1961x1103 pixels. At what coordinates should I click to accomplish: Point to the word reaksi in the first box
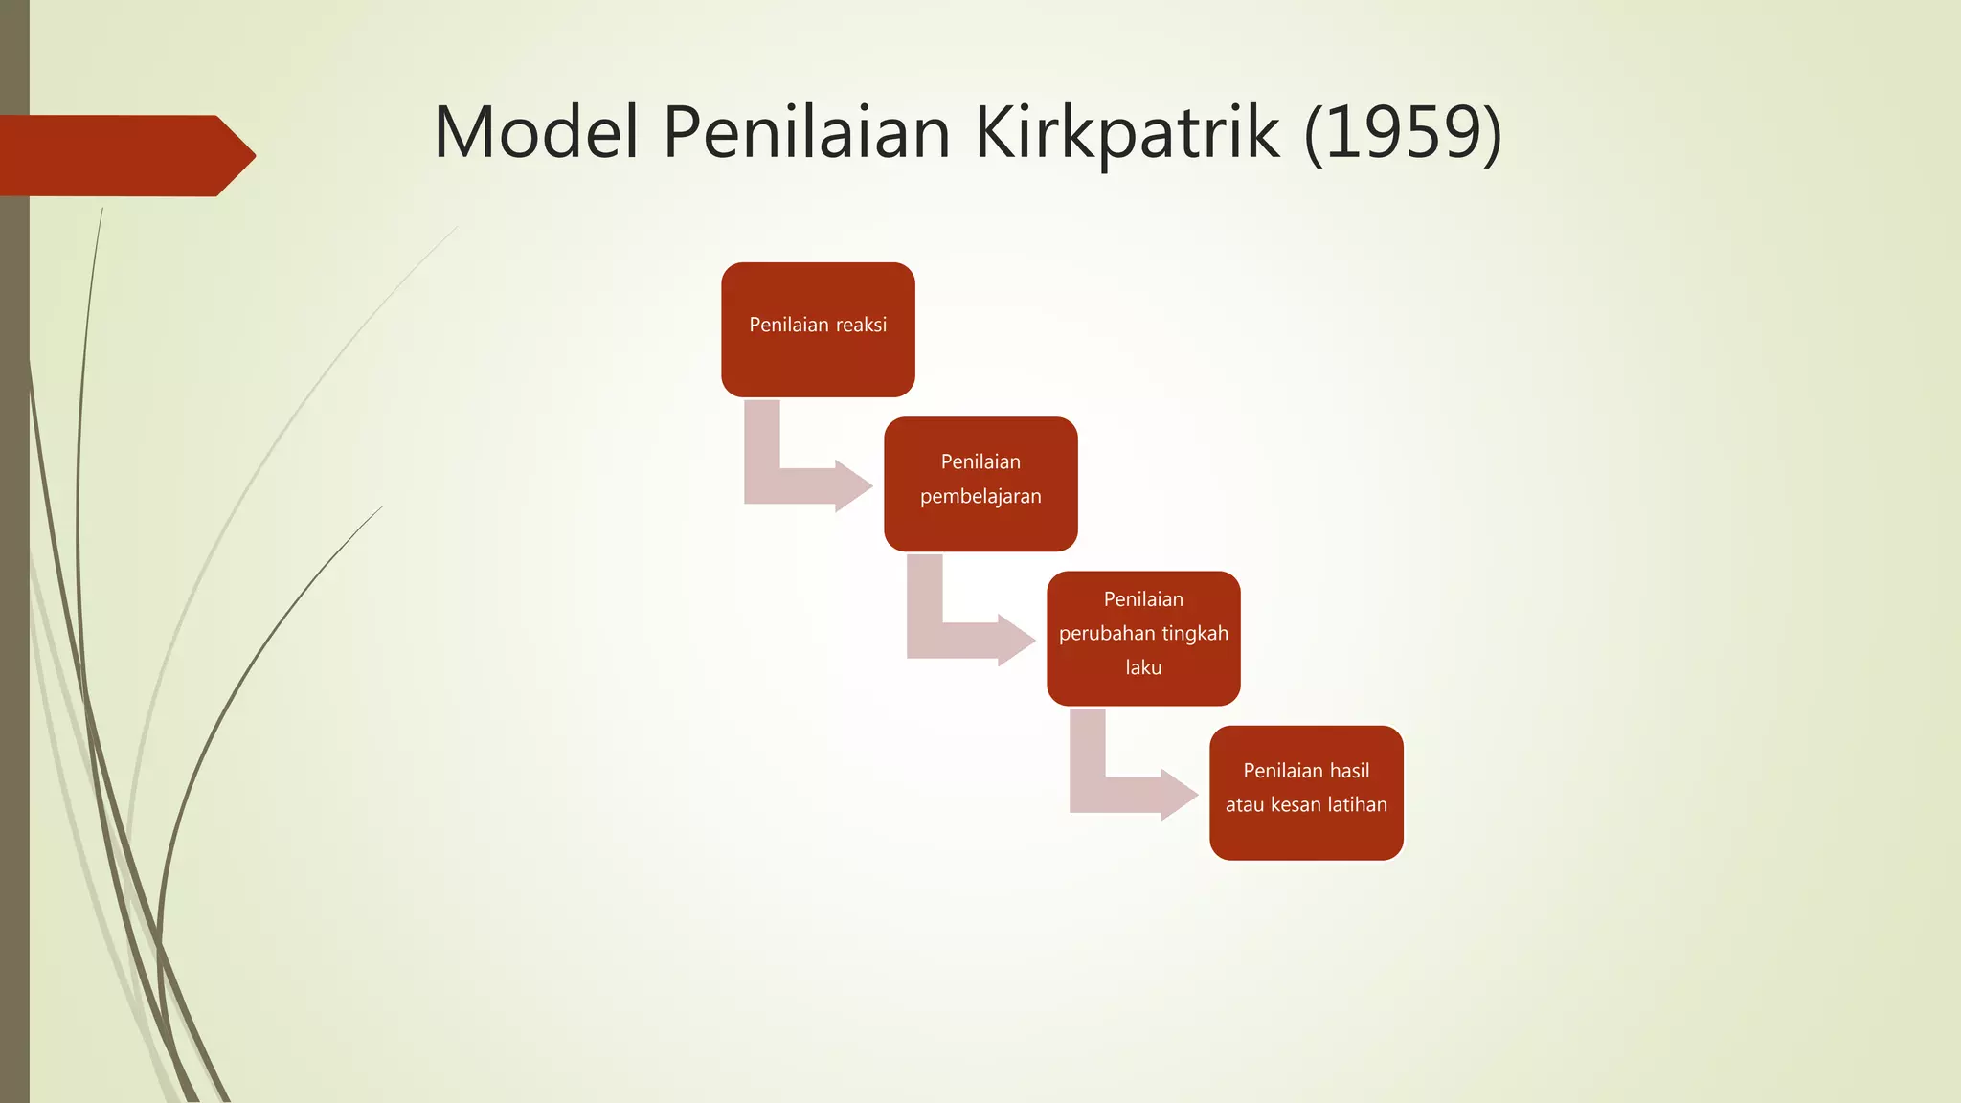tap(861, 325)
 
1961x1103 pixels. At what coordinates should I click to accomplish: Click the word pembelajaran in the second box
tap(980, 496)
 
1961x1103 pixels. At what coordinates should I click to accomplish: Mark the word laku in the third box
tap(1143, 667)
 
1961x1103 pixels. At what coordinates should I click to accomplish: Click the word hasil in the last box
tap(1348, 771)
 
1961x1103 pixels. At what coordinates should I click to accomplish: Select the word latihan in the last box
tap(1357, 804)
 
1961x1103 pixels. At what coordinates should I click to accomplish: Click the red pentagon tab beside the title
tap(124, 155)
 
